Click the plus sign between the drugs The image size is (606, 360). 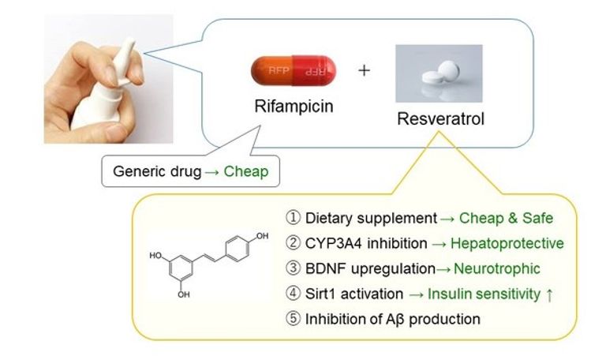364,70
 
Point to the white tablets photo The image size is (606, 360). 438,74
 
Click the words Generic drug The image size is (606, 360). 157,171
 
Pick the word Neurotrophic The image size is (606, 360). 503,268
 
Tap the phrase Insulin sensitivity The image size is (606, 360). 480,294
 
